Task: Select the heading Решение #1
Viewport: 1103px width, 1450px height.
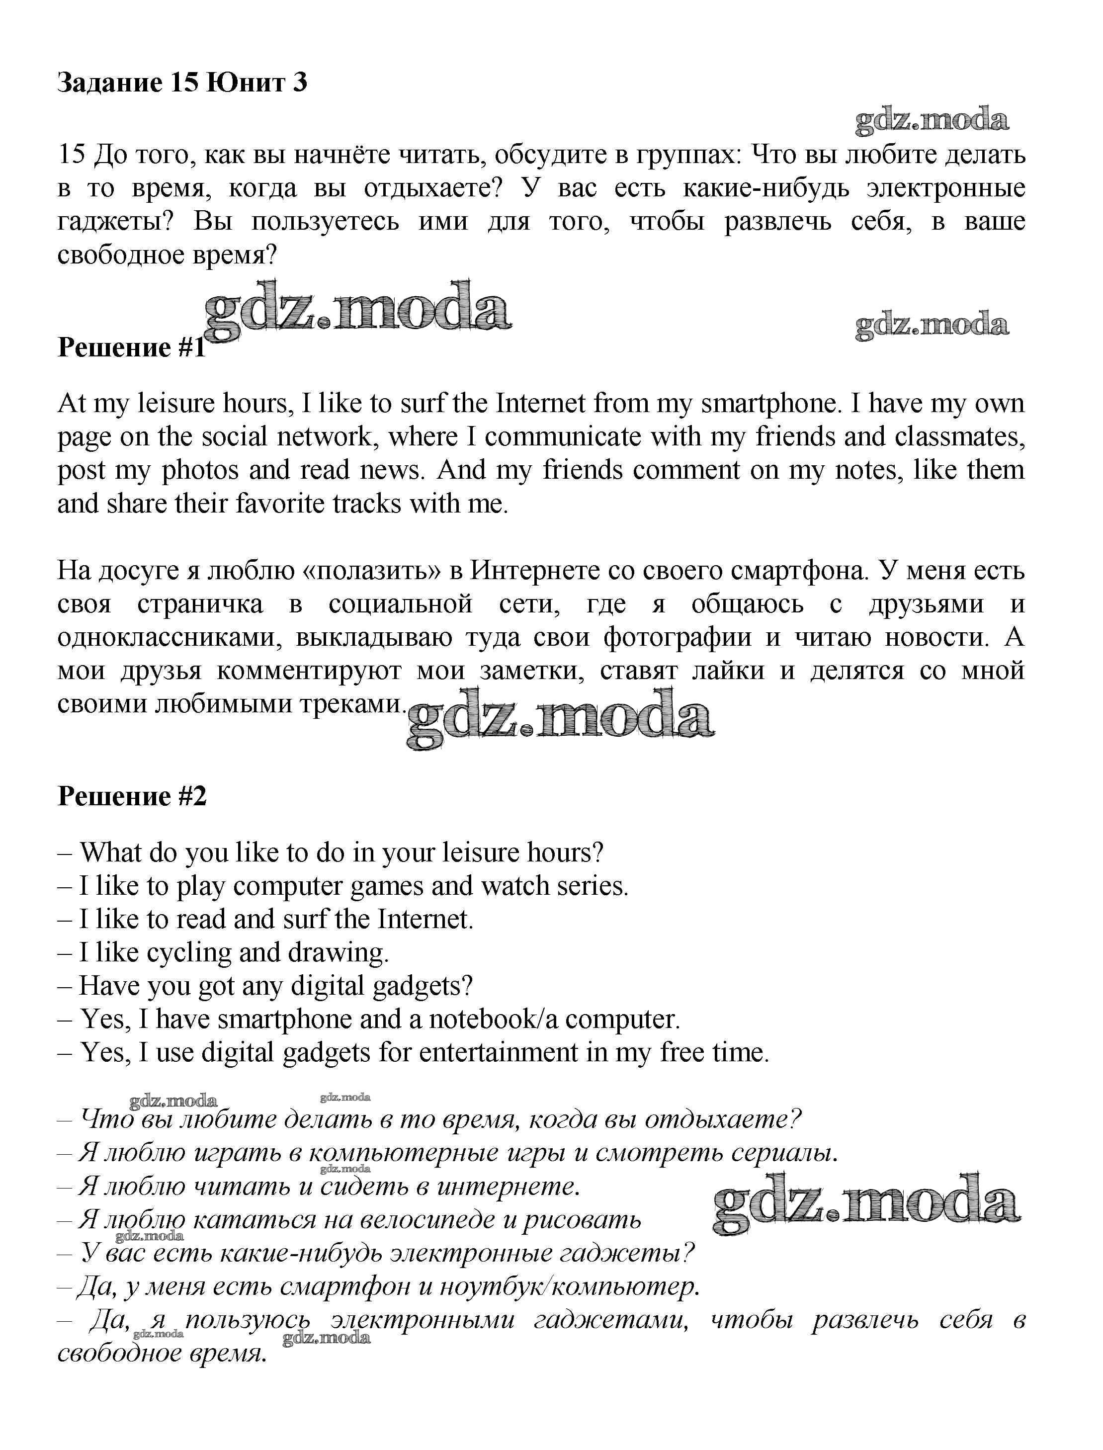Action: click(131, 347)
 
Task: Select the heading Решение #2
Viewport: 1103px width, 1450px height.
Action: click(132, 796)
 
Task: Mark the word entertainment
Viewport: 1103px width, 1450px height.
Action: click(499, 1053)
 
